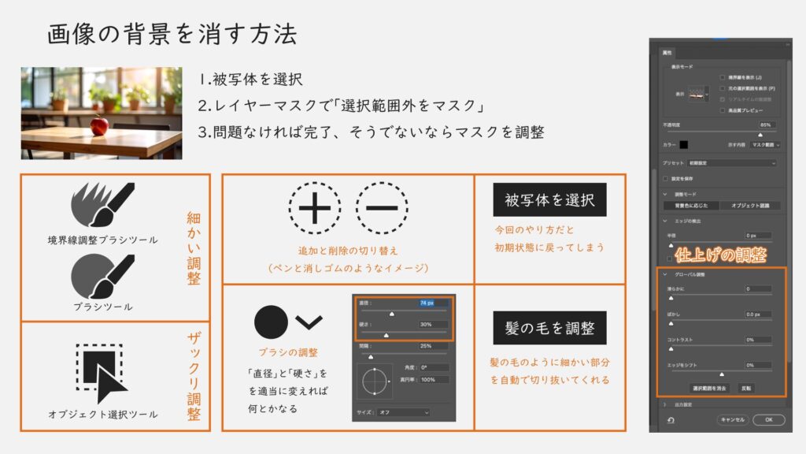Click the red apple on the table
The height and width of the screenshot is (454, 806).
coord(99,125)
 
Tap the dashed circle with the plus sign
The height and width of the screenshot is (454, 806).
coord(315,210)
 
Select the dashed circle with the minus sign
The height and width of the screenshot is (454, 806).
coord(382,210)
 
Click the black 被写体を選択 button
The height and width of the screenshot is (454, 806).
coord(549,200)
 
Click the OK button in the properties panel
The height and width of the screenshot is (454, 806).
coord(768,419)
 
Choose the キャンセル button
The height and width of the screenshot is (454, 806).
coord(732,419)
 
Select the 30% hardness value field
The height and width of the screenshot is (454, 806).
coord(433,325)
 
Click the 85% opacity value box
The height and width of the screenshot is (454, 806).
coord(764,125)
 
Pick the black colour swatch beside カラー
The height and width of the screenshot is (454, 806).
coord(684,145)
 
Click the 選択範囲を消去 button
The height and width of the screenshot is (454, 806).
coord(711,389)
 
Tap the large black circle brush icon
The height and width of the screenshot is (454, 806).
coord(271,322)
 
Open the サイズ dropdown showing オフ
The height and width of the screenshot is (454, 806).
coord(403,412)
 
